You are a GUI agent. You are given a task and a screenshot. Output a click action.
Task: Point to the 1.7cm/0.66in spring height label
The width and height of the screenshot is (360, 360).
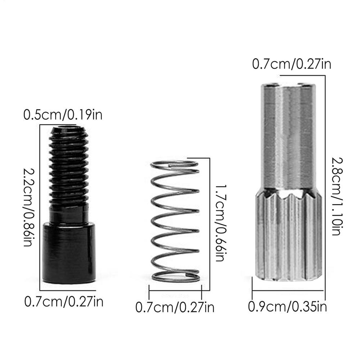(x=219, y=223)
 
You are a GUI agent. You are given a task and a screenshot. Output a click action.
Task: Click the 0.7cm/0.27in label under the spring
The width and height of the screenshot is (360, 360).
(x=175, y=307)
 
